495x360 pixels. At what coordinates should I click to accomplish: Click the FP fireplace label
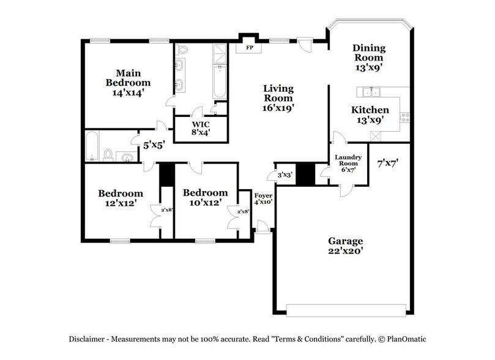pos(250,47)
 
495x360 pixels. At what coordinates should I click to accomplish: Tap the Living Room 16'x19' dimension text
pos(278,108)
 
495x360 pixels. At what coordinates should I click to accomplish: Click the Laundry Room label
pos(349,161)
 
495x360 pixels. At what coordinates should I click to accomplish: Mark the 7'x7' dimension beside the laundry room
pos(388,163)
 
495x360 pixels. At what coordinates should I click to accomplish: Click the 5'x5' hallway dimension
pos(154,146)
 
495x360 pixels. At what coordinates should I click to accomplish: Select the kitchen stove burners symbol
pos(404,116)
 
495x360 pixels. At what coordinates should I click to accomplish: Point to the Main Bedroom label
pos(128,77)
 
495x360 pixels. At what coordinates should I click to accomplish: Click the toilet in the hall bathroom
pos(108,154)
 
